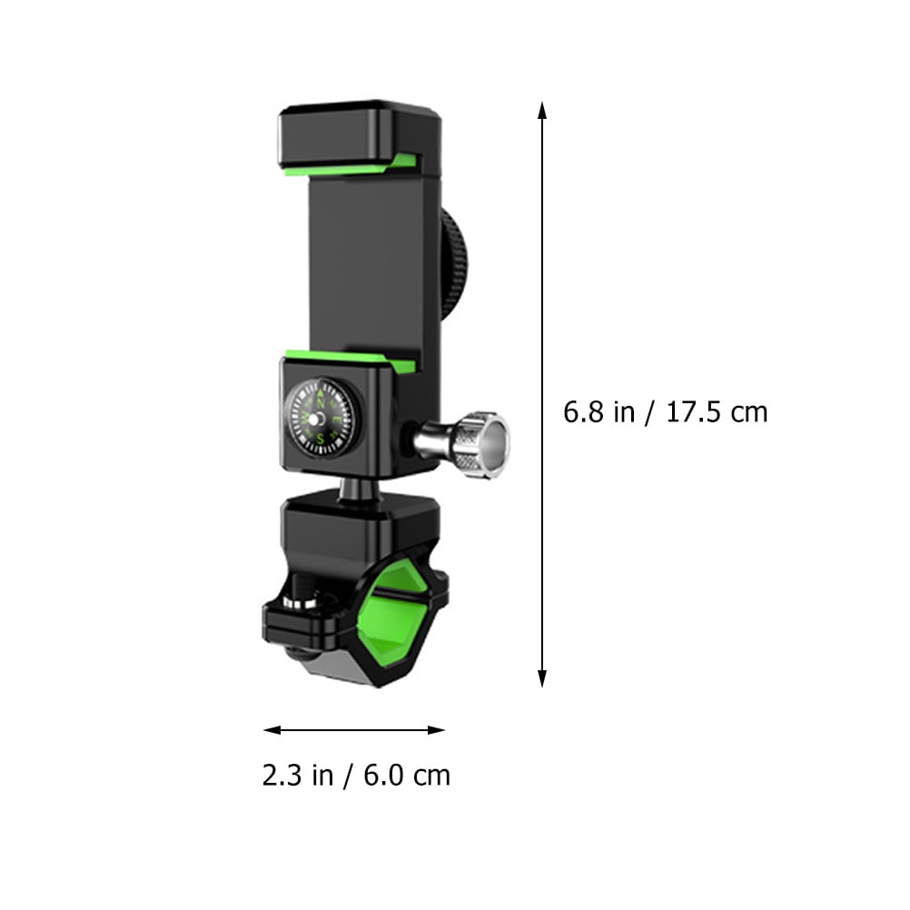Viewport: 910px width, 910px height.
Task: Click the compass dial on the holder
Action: point(320,416)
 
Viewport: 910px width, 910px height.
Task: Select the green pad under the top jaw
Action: point(351,166)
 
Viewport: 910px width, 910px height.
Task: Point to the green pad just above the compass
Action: point(351,360)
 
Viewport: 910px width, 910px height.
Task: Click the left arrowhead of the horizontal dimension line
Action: point(272,729)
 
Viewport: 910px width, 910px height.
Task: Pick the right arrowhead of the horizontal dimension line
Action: point(437,729)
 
